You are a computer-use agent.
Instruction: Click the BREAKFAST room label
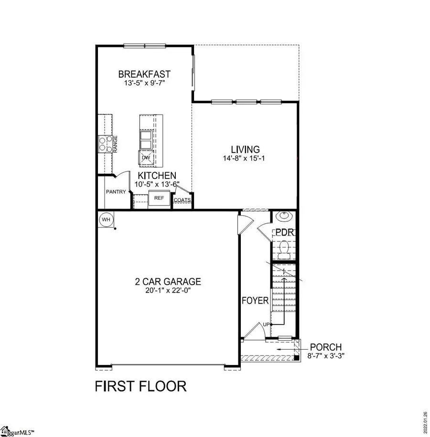pos(144,74)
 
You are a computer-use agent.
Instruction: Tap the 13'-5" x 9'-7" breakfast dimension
pos(144,83)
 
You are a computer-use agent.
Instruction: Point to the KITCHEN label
pos(157,176)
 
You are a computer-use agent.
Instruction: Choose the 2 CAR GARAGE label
pos(167,281)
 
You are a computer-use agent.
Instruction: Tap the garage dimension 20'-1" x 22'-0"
pos(167,290)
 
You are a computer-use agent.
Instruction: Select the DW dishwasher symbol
pos(145,157)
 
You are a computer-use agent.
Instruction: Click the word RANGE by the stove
pos(116,144)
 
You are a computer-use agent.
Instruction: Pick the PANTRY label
pos(117,192)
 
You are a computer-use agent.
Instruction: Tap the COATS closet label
pos(182,200)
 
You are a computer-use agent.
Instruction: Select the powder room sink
pos(284,217)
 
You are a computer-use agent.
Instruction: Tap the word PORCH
pos(326,347)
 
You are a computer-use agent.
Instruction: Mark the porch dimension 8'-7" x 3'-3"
pos(326,355)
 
